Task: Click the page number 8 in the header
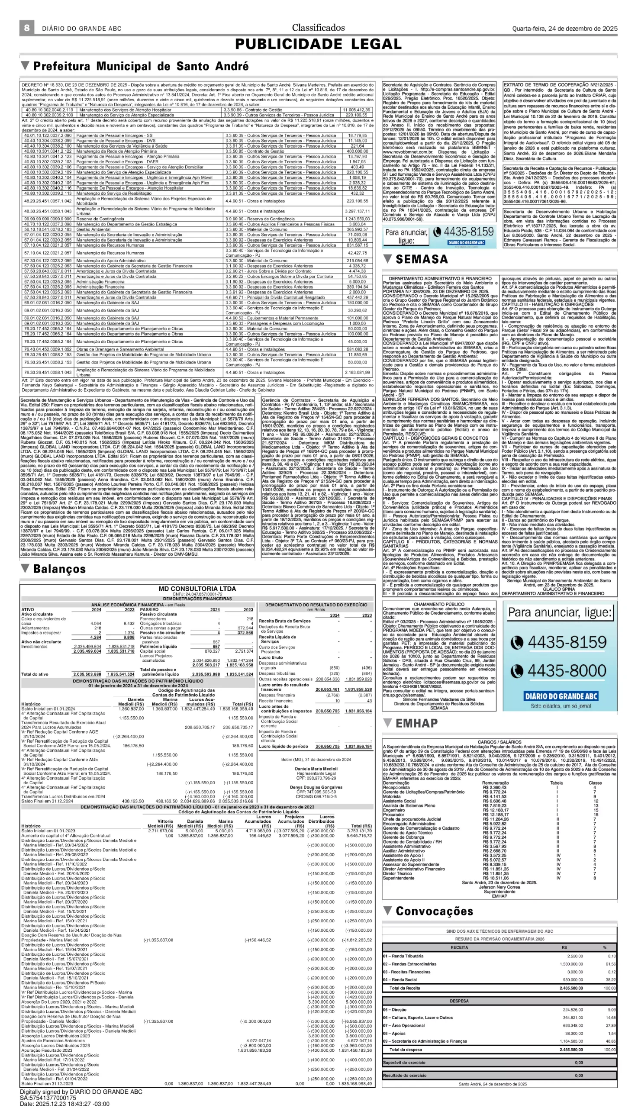pos(27,28)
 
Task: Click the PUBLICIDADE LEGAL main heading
pos(318,44)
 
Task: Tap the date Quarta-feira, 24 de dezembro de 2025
pos(565,29)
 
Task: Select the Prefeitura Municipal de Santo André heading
pos(141,66)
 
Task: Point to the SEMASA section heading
pos(422,259)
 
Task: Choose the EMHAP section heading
pos(416,723)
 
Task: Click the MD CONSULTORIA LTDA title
pos(197,589)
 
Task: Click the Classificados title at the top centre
pos(318,28)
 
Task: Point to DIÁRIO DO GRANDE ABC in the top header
pos(81,29)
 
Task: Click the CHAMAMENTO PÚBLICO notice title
pos(439,604)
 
